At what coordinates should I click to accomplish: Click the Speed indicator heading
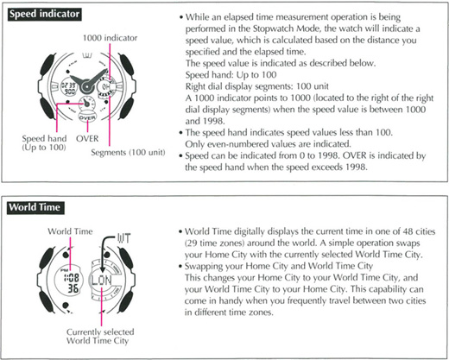tap(44, 14)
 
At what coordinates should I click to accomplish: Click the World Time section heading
tap(35, 207)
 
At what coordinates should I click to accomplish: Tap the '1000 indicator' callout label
tap(110, 38)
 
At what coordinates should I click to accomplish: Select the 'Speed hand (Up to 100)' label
tap(44, 142)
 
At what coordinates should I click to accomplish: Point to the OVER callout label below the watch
tap(87, 138)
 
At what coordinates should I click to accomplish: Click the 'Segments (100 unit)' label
tap(128, 152)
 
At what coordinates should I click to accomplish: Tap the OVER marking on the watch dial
tap(87, 117)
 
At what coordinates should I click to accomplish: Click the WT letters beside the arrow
tap(124, 238)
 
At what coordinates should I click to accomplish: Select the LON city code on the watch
tap(101, 280)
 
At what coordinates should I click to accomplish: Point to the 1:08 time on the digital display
tap(71, 278)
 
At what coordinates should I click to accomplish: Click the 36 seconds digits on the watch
tap(73, 287)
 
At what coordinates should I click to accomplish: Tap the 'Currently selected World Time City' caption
tap(100, 336)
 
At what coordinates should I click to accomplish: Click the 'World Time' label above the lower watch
tap(70, 231)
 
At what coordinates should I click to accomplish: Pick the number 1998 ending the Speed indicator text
tap(356, 167)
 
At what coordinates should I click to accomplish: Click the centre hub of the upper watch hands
tap(86, 86)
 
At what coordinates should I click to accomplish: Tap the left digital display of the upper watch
tap(68, 88)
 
